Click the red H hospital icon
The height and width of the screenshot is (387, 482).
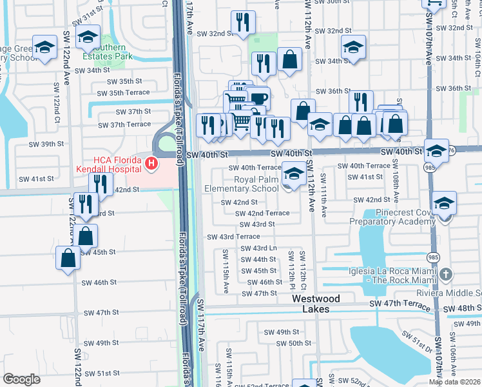151,164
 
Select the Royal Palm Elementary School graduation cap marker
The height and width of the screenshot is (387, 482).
294,174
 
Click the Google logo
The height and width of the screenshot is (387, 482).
21,379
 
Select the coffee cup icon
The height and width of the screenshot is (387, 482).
259,99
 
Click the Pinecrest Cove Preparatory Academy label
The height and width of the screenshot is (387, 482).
392,216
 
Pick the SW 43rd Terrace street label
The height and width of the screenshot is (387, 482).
233,237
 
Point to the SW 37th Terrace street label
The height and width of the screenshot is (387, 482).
124,124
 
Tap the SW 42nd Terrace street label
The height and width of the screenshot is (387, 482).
262,213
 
